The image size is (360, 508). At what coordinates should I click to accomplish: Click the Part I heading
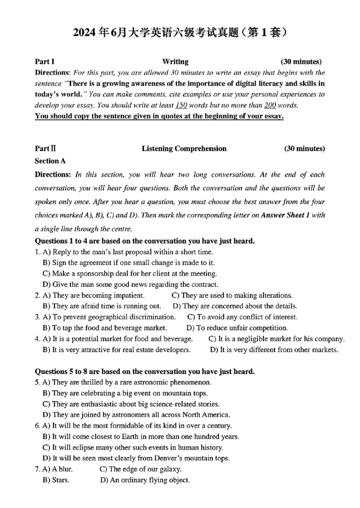(x=45, y=62)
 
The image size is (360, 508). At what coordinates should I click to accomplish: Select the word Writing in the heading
(x=175, y=62)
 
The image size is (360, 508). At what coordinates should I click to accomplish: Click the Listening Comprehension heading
(x=184, y=148)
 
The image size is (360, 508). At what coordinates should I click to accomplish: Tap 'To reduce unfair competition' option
(x=237, y=328)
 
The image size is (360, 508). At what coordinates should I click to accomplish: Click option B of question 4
(x=117, y=349)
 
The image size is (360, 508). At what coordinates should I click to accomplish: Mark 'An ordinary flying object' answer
(x=145, y=480)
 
